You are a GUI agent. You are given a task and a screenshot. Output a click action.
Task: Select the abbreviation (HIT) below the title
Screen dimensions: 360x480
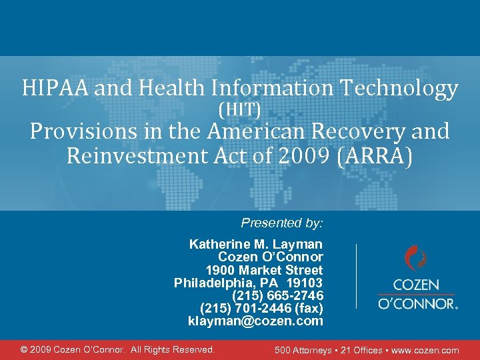click(239, 108)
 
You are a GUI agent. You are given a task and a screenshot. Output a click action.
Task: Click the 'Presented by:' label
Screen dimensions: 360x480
click(281, 223)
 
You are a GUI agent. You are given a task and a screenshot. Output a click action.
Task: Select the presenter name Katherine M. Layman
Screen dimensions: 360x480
click(256, 244)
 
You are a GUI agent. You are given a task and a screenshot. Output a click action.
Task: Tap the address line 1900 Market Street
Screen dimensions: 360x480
click(264, 270)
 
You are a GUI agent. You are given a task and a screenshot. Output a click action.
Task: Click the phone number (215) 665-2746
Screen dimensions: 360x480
click(277, 295)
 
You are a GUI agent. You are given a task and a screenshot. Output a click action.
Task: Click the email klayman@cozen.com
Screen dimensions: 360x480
click(255, 321)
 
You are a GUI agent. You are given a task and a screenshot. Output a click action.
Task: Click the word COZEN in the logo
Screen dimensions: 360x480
click(417, 285)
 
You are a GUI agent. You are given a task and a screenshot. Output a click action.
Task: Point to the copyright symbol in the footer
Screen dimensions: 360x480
click(25, 349)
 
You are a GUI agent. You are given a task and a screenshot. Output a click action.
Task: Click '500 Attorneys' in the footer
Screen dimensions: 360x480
click(303, 350)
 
